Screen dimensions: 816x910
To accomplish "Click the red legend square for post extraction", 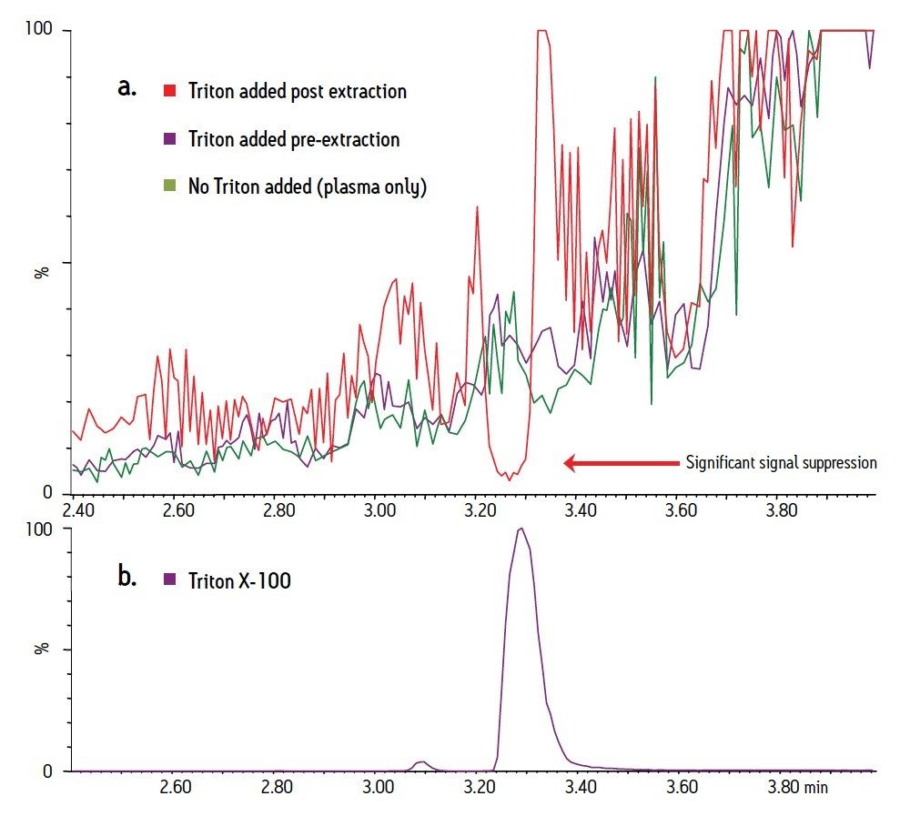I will [x=170, y=91].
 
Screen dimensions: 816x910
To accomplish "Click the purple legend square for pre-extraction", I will [x=170, y=139].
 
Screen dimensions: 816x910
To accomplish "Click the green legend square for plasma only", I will [x=170, y=186].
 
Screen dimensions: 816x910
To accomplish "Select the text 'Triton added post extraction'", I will [x=297, y=91].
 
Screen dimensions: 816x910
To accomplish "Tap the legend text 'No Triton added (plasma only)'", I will [x=307, y=187].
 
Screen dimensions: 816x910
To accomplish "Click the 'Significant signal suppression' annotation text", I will [x=781, y=462].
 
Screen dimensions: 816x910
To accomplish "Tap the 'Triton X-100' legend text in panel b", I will [x=239, y=579].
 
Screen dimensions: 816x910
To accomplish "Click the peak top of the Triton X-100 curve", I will [x=521, y=529].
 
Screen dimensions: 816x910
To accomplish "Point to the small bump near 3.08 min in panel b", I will [x=420, y=762].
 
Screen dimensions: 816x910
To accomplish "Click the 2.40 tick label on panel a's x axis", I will [x=77, y=510].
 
